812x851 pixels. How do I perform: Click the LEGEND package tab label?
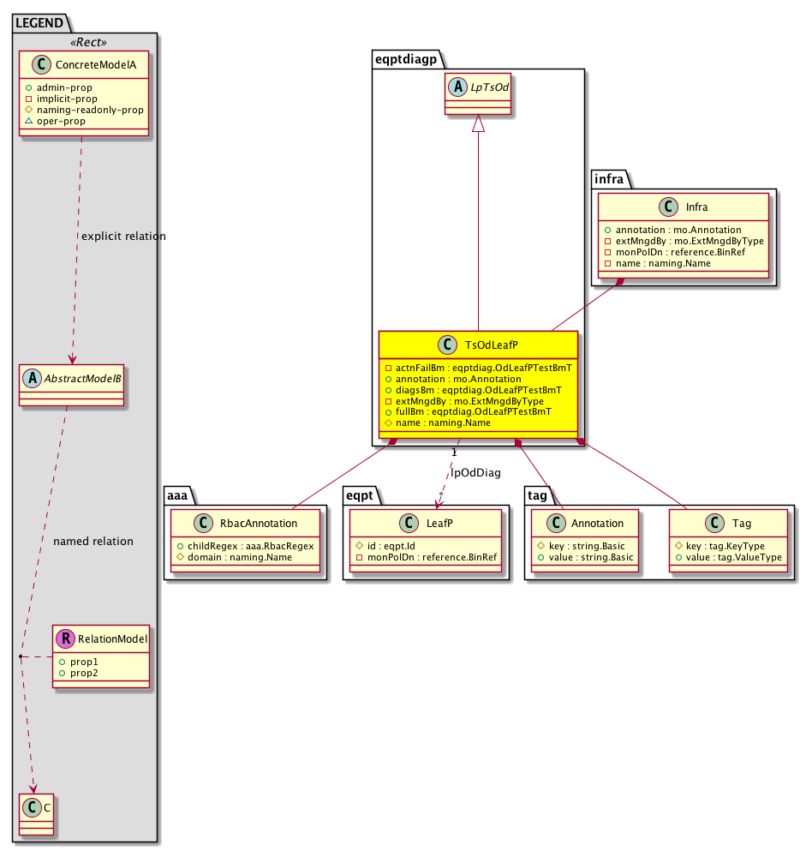click(x=39, y=23)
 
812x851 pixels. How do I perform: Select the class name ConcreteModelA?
click(x=95, y=65)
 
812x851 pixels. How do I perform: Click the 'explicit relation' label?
click(x=123, y=236)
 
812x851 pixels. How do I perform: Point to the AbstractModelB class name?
click(x=82, y=379)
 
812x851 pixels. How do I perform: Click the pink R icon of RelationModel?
click(x=66, y=638)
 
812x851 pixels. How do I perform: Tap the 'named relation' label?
click(x=93, y=541)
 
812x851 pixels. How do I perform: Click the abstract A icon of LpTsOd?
click(x=457, y=87)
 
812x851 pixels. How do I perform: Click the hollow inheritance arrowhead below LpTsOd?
click(x=478, y=123)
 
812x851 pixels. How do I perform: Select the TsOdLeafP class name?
click(x=492, y=345)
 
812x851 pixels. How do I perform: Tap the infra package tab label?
click(x=609, y=179)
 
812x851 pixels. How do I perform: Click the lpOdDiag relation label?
click(x=475, y=473)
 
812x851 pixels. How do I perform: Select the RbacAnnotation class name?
click(x=259, y=523)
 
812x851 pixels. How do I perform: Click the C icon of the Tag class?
click(x=714, y=523)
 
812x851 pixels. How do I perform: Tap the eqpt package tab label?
click(x=359, y=495)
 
